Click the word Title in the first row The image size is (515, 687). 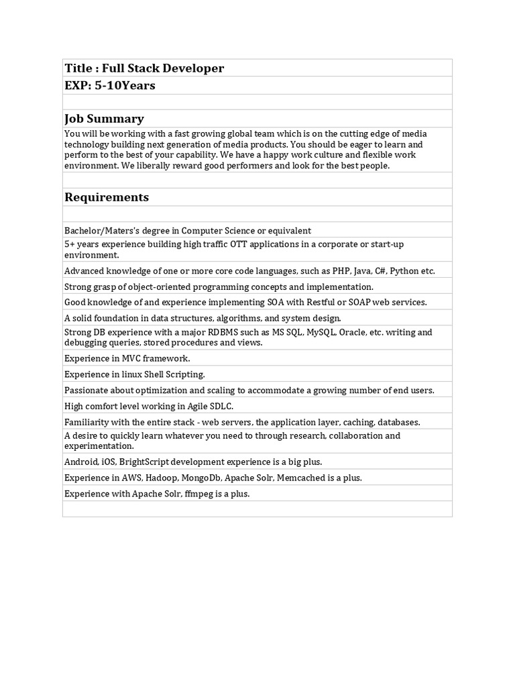[x=78, y=68]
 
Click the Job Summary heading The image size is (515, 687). [x=104, y=119]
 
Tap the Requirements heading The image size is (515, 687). [x=107, y=197]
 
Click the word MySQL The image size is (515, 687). [x=321, y=332]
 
